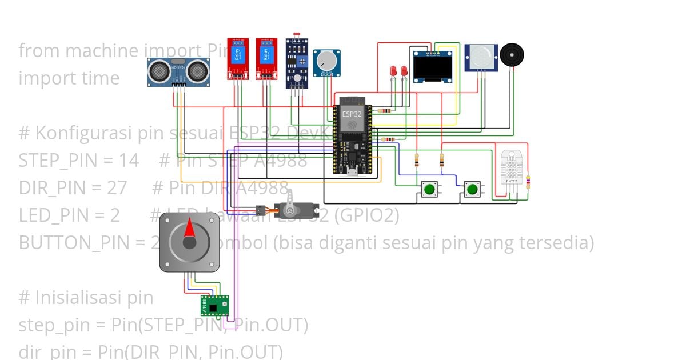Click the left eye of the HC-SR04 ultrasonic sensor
click(x=159, y=71)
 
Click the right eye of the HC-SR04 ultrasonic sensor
click(x=197, y=71)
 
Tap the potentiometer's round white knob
click(x=326, y=60)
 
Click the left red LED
click(x=393, y=71)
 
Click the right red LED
click(x=404, y=71)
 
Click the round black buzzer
click(x=512, y=55)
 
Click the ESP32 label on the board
click(x=352, y=114)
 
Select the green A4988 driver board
click(x=214, y=306)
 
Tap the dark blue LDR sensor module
click(x=297, y=63)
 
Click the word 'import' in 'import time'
click(x=45, y=78)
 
